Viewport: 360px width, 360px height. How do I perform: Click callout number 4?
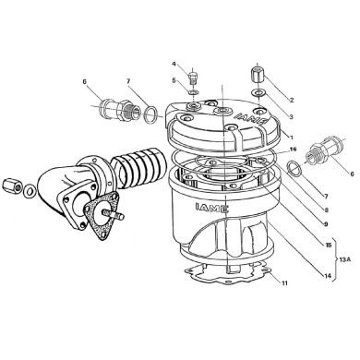(x=174, y=64)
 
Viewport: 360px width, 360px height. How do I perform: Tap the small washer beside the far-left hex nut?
(x=30, y=190)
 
